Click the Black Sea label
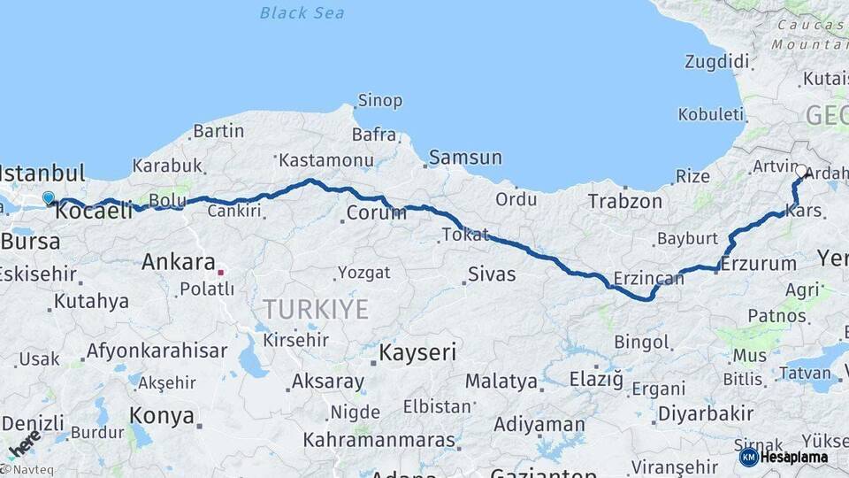302,13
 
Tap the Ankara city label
178,262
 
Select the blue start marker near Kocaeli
48,199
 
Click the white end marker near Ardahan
801,171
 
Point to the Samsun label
465,158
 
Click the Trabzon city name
625,202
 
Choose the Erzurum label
758,264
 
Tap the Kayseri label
417,353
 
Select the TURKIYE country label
315,309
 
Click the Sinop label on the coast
379,101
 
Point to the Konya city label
161,414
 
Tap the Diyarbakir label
706,413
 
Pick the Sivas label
492,274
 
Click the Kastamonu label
325,161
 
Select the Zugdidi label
716,62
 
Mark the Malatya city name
501,382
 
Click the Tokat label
464,235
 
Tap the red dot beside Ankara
221,273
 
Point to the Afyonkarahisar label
156,351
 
